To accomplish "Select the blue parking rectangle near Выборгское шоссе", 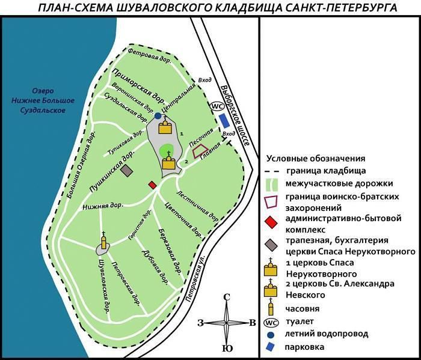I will click(224, 120).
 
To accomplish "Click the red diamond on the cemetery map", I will click(153, 185).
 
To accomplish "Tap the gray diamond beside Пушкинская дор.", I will click(126, 171).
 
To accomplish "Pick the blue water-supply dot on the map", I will click(158, 115).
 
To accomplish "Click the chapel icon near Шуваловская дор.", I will click(104, 242).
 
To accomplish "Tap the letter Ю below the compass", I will click(227, 349).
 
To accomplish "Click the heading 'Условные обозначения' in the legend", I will click(315, 159).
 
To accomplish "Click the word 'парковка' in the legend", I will click(304, 347).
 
